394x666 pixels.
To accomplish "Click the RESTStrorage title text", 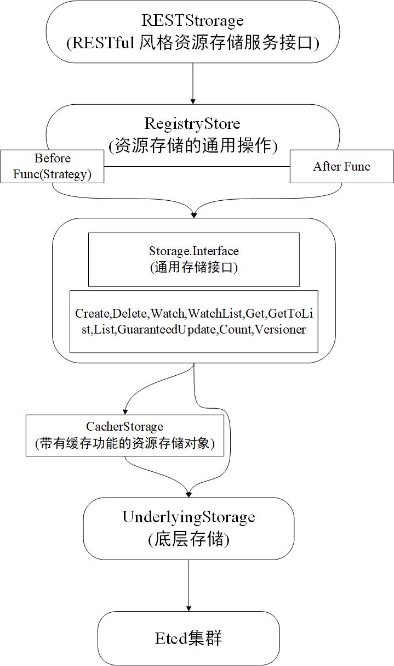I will point(193,21).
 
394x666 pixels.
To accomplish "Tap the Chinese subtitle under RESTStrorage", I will point(193,43).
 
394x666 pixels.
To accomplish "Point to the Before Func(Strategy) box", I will point(52,166).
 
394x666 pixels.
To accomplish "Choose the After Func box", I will point(341,166).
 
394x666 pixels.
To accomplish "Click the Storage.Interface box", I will point(194,259).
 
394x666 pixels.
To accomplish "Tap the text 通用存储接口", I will point(194,268).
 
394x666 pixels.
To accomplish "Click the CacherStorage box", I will point(125,435).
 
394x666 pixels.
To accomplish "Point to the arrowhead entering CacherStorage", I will point(125,411).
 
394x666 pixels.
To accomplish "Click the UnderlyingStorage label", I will point(189,517).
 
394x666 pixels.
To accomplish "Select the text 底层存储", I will point(189,539).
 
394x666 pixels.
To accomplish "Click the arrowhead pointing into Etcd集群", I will point(189,608).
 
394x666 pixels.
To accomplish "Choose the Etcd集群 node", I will point(189,638).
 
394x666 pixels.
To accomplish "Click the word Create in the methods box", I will point(93,313).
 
